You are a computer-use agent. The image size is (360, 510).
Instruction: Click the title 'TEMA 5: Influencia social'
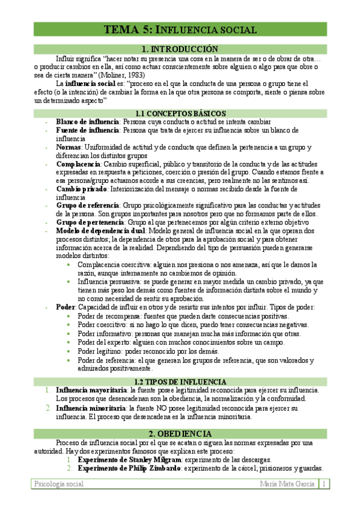click(x=180, y=29)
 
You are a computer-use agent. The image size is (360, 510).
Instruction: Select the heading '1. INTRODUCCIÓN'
click(x=180, y=49)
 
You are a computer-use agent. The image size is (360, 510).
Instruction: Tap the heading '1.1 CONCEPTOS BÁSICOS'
click(x=180, y=113)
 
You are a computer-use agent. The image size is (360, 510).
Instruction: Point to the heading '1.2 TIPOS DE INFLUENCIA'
click(x=180, y=382)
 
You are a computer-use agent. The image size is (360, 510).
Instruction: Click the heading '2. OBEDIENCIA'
click(x=180, y=434)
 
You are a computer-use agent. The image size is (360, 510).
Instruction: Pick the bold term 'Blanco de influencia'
click(x=87, y=121)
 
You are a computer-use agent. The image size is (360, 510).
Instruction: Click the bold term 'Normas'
click(x=69, y=147)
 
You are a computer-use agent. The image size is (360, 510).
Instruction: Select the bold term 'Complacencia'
click(x=78, y=164)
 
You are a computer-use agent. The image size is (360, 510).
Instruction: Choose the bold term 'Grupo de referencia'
click(x=87, y=206)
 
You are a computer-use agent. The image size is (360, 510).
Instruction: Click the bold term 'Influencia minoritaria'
click(x=92, y=408)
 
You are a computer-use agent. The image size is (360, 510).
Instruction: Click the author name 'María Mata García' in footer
click(x=288, y=484)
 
